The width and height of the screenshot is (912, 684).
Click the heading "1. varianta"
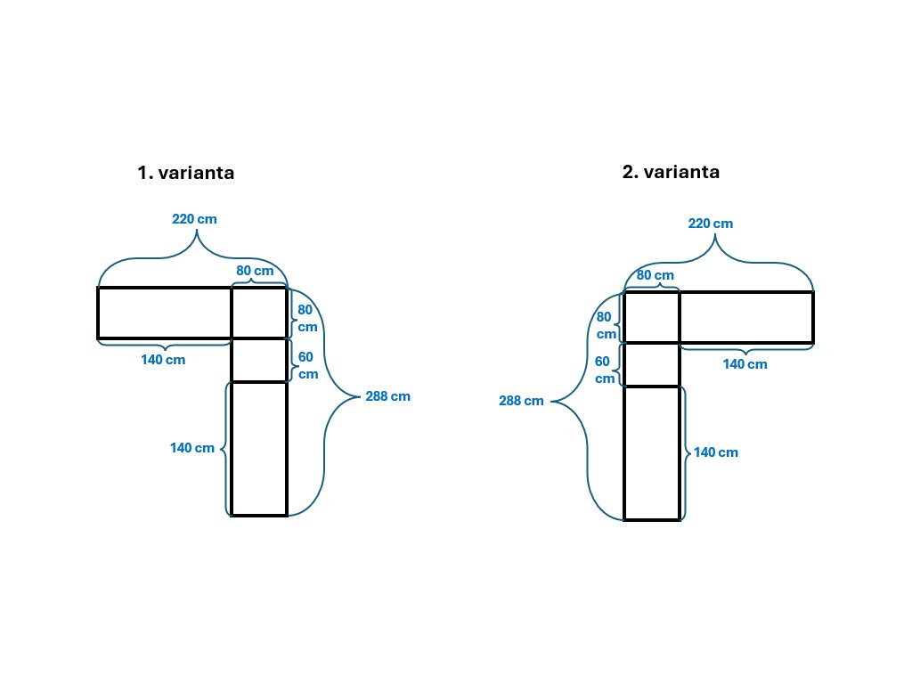coord(186,173)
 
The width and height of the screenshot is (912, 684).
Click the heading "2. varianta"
coord(671,172)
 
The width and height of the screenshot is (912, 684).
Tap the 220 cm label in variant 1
coord(194,218)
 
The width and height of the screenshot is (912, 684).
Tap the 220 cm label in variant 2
coord(711,223)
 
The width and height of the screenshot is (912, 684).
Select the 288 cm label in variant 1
coord(388,396)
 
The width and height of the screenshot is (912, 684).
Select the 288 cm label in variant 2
coord(521,401)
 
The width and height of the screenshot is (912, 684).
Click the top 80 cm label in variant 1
coord(255,271)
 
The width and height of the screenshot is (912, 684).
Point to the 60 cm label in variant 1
coord(307,365)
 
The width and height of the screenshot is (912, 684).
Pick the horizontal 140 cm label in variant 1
coord(164,360)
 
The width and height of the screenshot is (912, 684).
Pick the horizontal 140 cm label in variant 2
coord(745,364)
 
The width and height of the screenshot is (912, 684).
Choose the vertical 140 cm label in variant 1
coord(192,448)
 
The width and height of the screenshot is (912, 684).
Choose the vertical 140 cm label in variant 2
coord(716,452)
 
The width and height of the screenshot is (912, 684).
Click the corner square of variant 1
coord(259,313)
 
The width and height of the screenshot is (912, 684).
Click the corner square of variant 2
coord(651,317)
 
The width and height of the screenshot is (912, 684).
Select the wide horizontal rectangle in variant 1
coord(165,313)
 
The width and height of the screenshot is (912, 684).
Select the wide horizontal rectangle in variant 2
coord(746,317)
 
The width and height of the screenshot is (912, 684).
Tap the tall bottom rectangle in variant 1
coord(259,449)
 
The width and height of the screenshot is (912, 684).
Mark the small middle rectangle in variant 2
coord(651,364)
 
